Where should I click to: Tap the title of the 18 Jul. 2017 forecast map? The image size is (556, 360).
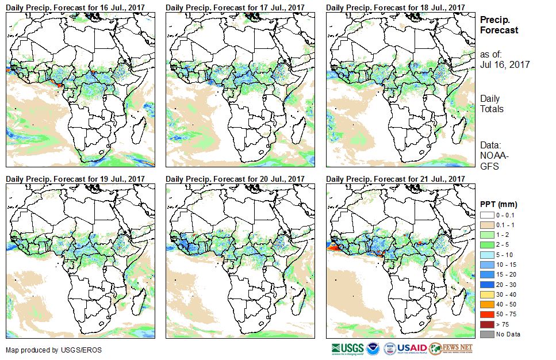[x=396, y=7]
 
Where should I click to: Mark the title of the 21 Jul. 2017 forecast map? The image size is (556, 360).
[x=396, y=179]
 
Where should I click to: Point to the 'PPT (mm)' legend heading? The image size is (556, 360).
[x=499, y=204]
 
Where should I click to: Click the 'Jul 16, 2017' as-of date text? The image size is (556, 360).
[x=505, y=64]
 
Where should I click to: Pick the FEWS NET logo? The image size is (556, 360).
[x=451, y=348]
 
